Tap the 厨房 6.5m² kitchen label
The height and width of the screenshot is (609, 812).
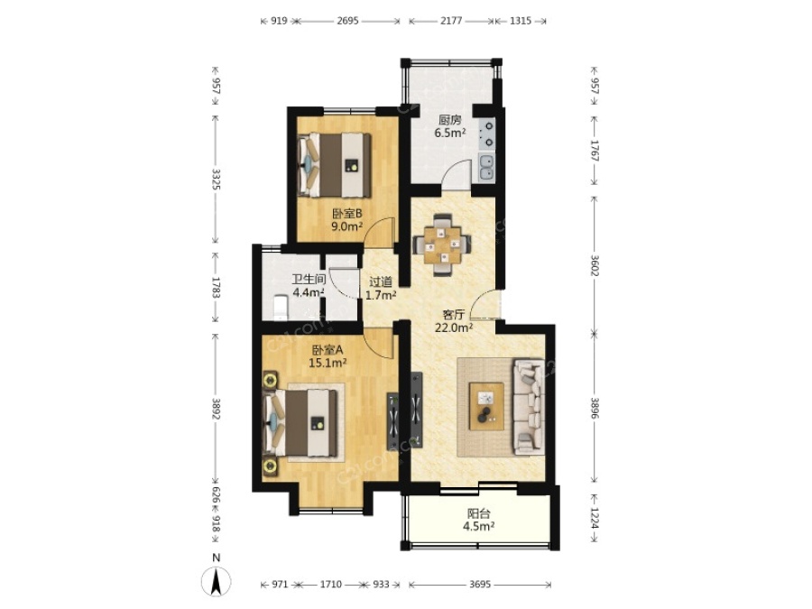point(449,126)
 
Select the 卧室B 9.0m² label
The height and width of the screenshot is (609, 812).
point(346,219)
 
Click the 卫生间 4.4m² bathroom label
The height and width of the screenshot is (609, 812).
point(309,286)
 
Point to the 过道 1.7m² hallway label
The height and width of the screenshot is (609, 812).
point(381,289)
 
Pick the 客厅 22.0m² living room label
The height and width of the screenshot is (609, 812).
point(454,320)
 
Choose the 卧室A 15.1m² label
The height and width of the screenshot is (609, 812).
point(328,356)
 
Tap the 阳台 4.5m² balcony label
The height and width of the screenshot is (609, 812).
point(478,520)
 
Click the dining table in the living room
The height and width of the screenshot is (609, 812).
point(442,244)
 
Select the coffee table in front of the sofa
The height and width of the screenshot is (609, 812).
point(486,406)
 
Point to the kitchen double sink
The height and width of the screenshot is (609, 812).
point(486,168)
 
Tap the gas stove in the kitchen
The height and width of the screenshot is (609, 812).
point(487,134)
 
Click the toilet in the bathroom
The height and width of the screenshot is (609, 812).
point(279,307)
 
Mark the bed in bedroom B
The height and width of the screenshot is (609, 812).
point(334,165)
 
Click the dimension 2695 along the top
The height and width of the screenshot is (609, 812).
point(347,22)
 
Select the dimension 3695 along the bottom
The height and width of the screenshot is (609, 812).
point(480,585)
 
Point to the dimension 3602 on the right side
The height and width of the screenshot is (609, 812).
point(595,265)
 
